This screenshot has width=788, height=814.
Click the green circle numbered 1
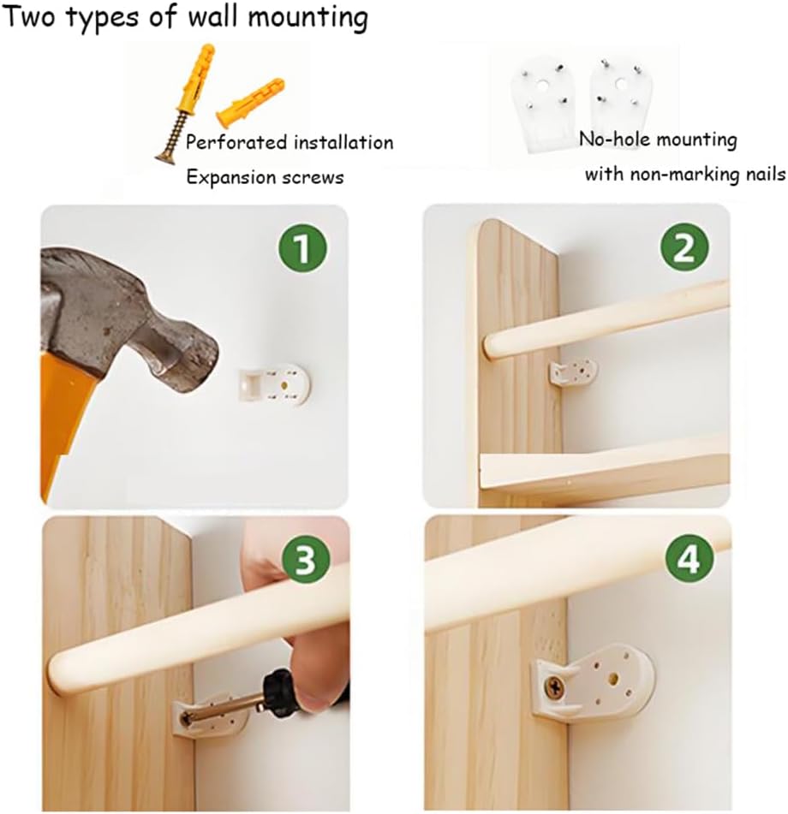tap(301, 247)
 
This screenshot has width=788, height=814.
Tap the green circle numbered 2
tap(684, 247)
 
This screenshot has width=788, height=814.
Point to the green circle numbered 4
tap(689, 559)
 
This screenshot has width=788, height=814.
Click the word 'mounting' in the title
tap(307, 18)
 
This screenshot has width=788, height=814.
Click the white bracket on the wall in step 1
tap(274, 384)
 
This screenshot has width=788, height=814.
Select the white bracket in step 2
tap(573, 371)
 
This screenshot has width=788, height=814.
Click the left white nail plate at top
tap(543, 106)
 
